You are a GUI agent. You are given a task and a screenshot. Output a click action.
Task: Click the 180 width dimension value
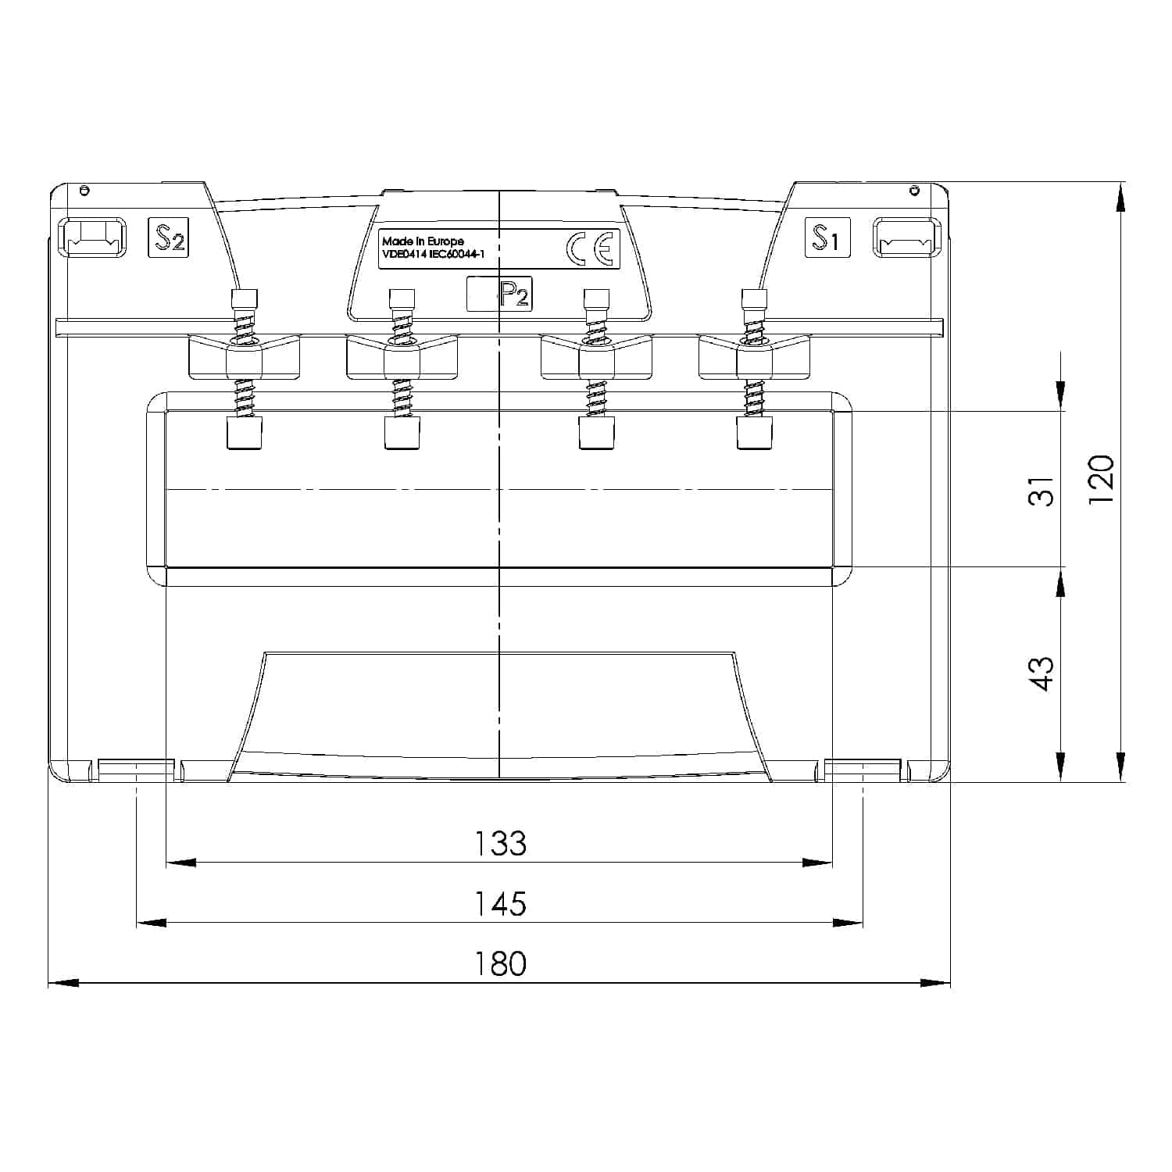tap(501, 963)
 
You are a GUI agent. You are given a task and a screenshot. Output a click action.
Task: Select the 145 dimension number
tap(501, 903)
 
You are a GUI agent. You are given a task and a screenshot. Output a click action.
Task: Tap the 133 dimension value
tap(501, 843)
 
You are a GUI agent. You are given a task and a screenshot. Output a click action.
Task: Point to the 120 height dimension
tap(1100, 478)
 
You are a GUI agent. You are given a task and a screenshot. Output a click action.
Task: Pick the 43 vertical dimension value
tap(1041, 674)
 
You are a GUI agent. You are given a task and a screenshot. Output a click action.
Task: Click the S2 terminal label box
tap(168, 238)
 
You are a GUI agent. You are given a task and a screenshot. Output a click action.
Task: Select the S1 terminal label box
tap(827, 238)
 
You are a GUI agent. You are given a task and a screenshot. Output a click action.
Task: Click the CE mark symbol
tap(592, 248)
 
